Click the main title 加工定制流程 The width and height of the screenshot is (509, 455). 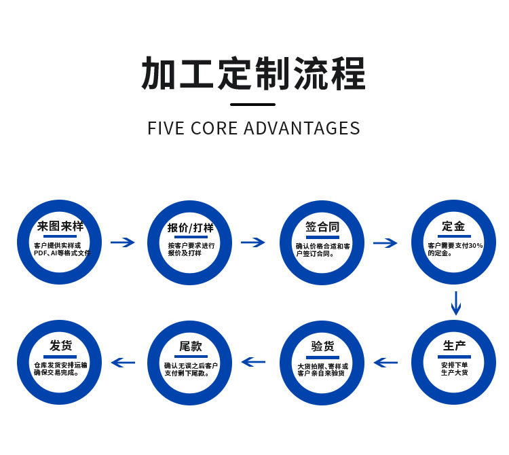[x=253, y=74]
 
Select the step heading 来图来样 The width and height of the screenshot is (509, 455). [x=60, y=227]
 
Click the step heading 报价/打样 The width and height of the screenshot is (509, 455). [x=191, y=227]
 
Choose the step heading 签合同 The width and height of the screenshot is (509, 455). [x=322, y=227]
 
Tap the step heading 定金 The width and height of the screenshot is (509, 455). [x=453, y=226]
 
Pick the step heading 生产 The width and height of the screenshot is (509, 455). [x=454, y=346]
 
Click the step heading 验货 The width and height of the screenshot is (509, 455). [x=322, y=346]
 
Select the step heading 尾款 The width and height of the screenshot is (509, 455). [x=191, y=346]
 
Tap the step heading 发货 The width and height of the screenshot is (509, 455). [x=60, y=346]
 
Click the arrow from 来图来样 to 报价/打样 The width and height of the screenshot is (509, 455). [x=123, y=242]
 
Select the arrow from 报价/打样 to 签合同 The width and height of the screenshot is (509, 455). [x=253, y=242]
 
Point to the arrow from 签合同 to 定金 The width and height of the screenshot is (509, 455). [x=385, y=242]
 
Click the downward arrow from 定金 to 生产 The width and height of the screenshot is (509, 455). [x=456, y=303]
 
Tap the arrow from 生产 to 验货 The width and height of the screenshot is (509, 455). [x=385, y=362]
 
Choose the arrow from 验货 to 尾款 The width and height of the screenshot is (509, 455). [x=253, y=362]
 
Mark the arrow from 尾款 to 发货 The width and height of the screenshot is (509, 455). [x=123, y=362]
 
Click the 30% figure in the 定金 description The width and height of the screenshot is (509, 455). [x=475, y=245]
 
